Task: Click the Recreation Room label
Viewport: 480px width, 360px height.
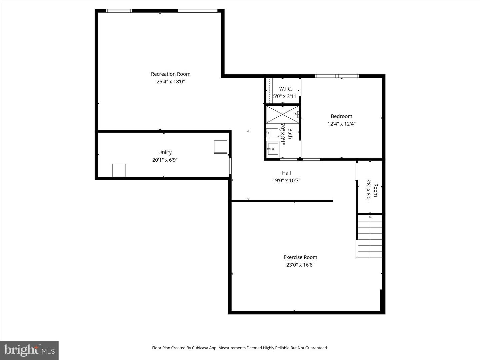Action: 171,74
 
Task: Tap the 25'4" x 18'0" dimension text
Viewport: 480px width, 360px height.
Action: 171,82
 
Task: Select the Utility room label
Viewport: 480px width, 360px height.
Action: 165,153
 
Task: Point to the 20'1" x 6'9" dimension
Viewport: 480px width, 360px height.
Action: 165,160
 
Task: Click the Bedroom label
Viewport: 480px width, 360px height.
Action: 341,116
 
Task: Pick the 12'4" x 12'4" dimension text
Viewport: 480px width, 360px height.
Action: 341,124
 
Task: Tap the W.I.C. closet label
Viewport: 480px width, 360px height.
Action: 286,89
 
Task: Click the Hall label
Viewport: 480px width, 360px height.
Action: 286,173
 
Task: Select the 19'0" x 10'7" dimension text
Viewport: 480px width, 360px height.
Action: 286,181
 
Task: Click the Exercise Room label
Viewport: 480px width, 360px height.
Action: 300,257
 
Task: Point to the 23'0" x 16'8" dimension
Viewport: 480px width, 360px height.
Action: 300,265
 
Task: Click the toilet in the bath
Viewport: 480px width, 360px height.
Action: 274,133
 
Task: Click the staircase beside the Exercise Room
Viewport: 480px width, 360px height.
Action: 369,236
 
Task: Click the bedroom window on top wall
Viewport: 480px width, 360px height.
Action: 337,76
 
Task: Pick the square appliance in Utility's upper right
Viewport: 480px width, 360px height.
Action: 221,147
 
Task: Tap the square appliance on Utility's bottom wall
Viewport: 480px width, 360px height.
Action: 119,170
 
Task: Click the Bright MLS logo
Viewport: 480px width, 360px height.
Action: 29,350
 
